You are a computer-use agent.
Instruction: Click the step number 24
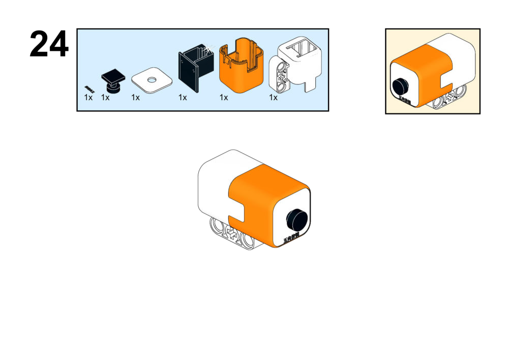[49, 44]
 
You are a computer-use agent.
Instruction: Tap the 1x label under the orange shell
[224, 98]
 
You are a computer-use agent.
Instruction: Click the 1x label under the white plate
[135, 98]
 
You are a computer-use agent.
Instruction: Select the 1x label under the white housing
[274, 98]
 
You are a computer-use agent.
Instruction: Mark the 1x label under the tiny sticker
[88, 98]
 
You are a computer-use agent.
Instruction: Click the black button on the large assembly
[296, 219]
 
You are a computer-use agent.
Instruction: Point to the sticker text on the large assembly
[291, 237]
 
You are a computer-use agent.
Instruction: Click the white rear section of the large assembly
[214, 183]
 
